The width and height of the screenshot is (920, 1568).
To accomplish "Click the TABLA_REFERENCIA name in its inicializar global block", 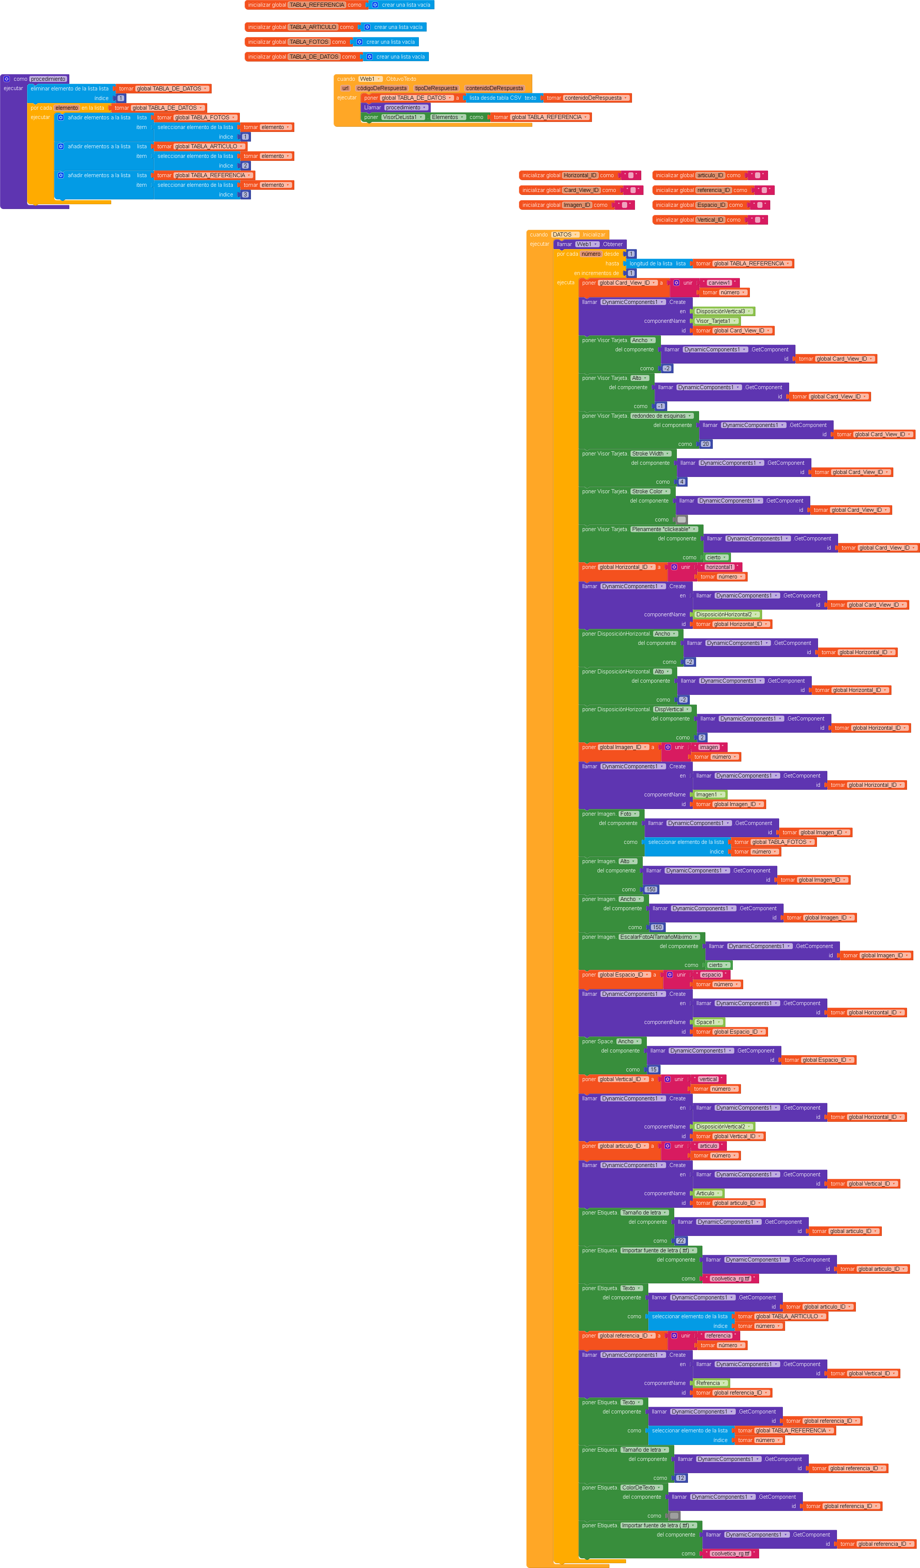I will click(x=317, y=5).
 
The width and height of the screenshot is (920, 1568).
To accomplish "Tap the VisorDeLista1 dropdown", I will click(x=403, y=117).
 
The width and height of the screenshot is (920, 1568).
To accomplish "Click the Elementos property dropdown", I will click(x=447, y=117).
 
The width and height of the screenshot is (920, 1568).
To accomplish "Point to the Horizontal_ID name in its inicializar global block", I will click(x=580, y=175).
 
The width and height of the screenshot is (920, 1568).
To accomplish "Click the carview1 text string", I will click(x=719, y=282).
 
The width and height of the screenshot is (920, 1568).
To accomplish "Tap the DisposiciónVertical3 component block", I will click(x=723, y=311).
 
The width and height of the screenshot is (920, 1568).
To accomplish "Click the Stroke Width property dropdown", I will click(x=651, y=454).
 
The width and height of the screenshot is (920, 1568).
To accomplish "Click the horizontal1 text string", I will click(x=719, y=567).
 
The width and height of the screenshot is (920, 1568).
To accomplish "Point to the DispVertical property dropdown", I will click(x=672, y=709).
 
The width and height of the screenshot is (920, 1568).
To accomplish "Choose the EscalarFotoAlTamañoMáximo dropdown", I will click(x=659, y=937).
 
